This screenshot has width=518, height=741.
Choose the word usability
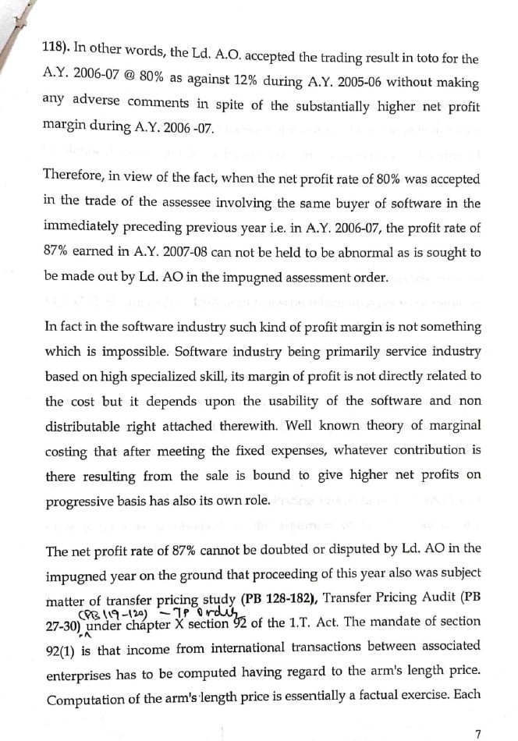pyautogui.click(x=307, y=401)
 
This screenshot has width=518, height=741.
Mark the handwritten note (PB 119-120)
pyautogui.click(x=105, y=612)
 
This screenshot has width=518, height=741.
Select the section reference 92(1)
pyautogui.click(x=63, y=651)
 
